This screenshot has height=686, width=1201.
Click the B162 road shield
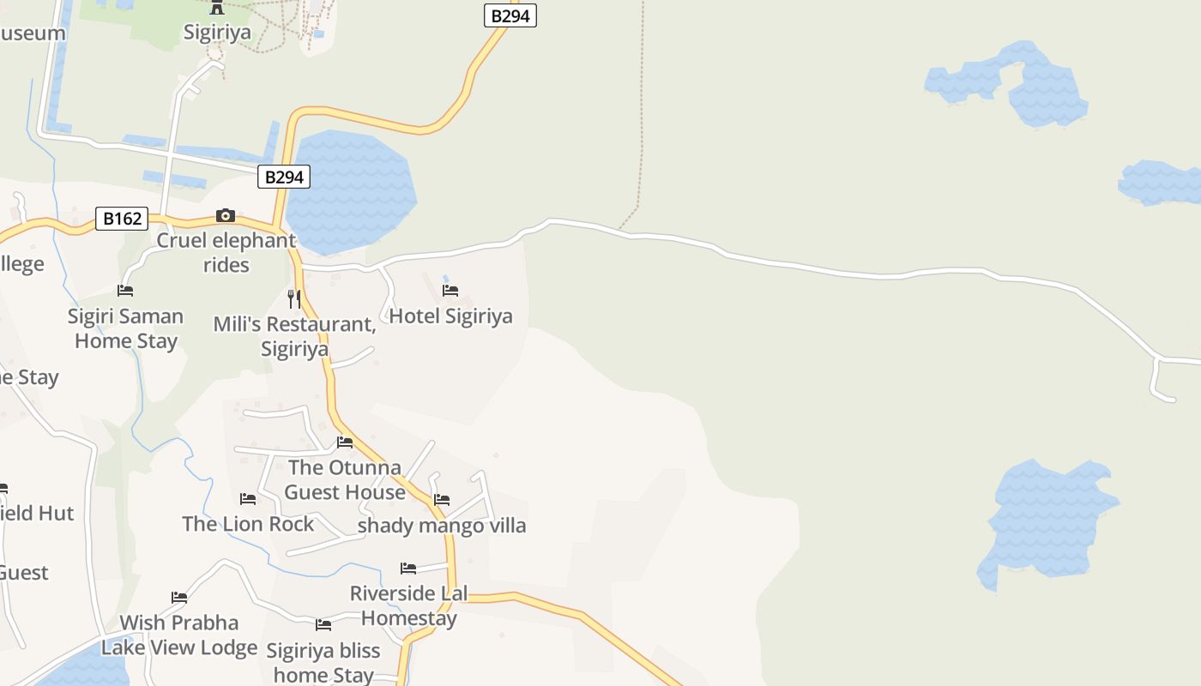coord(122,219)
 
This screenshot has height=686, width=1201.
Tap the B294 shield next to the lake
coord(284,178)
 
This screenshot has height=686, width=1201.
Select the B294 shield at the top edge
coord(510,15)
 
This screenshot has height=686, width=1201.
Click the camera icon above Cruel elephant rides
coord(226,215)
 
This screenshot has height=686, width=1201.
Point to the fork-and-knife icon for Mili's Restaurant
coord(294,298)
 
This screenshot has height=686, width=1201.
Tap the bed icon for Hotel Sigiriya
coord(450,290)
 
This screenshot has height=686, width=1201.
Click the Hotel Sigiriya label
coord(450,316)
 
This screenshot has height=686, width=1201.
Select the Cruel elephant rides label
coord(226,252)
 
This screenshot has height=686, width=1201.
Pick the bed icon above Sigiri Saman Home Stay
coord(125,291)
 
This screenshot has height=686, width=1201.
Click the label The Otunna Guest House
coord(345,479)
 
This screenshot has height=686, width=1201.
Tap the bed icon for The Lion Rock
coord(248,498)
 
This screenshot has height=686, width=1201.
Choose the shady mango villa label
coord(442,525)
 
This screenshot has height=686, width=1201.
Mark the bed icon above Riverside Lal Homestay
coord(408,568)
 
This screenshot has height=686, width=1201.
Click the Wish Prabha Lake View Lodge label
coord(179,635)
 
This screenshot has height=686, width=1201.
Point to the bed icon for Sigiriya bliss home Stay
coord(323,624)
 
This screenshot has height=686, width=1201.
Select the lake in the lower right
coord(1047,523)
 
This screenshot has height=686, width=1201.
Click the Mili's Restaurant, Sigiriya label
coord(294,336)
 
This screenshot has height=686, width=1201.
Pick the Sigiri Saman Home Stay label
coord(126,328)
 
